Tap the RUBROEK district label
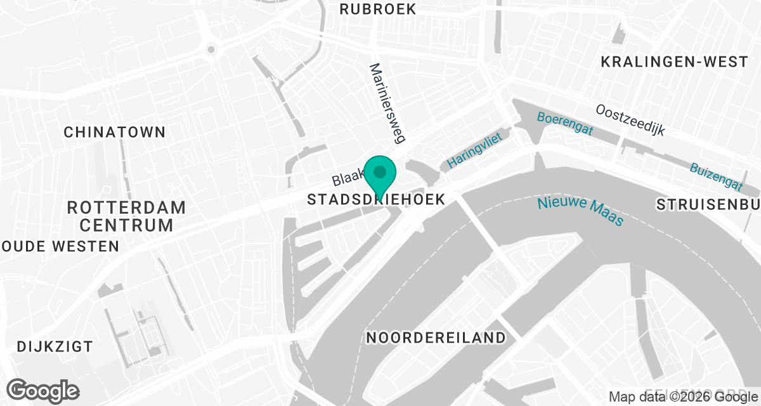378,9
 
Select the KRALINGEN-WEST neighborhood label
674,62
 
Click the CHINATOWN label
115,132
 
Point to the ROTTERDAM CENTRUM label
126,216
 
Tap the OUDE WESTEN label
60,246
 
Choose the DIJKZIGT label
55,347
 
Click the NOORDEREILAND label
436,337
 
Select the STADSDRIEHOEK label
376,199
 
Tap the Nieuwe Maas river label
580,212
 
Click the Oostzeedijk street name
630,120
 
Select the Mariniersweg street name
387,102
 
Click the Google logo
42,390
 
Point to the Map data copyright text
684,397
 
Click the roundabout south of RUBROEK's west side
211,48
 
